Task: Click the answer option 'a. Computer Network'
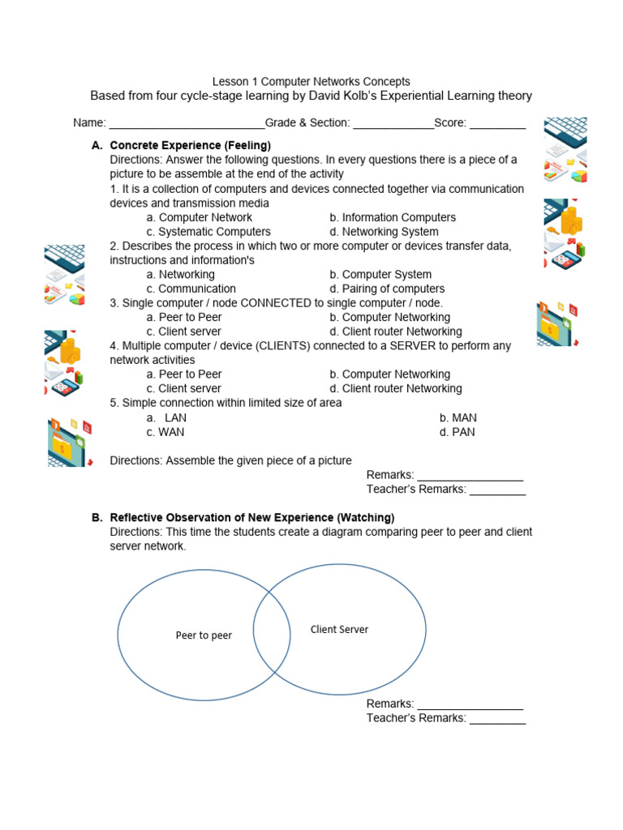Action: pos(200,217)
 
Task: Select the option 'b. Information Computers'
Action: pos(393,217)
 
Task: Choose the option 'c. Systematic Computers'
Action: pos(208,232)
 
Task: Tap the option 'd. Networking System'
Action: pos(386,232)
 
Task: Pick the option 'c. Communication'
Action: pos(191,289)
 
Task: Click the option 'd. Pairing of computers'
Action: pos(387,289)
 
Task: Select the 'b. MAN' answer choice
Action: pos(458,417)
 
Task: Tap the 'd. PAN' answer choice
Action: pos(458,432)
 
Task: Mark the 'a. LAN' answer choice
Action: pos(167,417)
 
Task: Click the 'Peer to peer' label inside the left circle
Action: pos(204,635)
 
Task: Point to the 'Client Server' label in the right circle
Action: pos(339,629)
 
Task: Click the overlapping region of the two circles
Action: pos(272,632)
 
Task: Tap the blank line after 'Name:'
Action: pos(187,124)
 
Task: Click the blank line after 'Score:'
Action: pos(497,124)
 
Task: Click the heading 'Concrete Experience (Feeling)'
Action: pos(190,145)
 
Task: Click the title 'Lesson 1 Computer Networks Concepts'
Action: pos(311,81)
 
